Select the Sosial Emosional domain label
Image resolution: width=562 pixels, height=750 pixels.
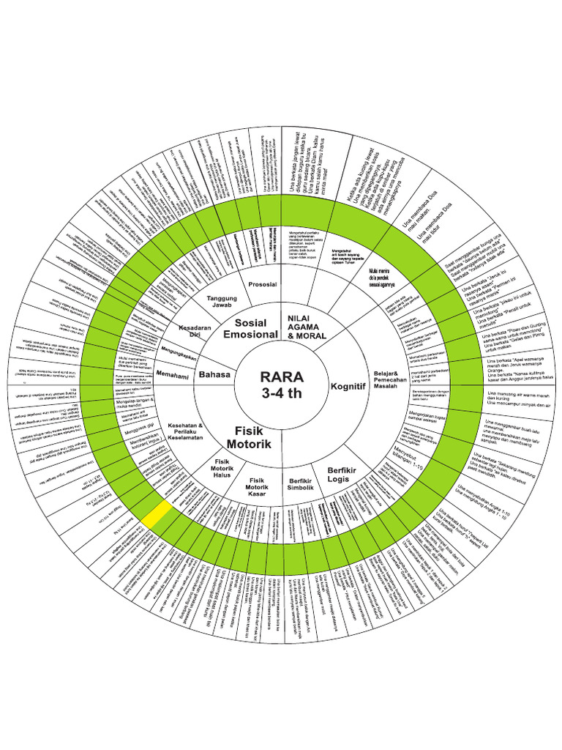[251, 328]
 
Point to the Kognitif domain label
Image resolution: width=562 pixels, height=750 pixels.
[347, 386]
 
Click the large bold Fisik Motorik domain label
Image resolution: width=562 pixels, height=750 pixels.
[249, 437]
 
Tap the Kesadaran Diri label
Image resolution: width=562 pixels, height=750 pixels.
[189, 330]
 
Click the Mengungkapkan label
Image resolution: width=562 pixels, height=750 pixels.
[179, 351]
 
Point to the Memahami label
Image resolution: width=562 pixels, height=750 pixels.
[173, 374]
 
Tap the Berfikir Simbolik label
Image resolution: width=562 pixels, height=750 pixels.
[298, 486]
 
